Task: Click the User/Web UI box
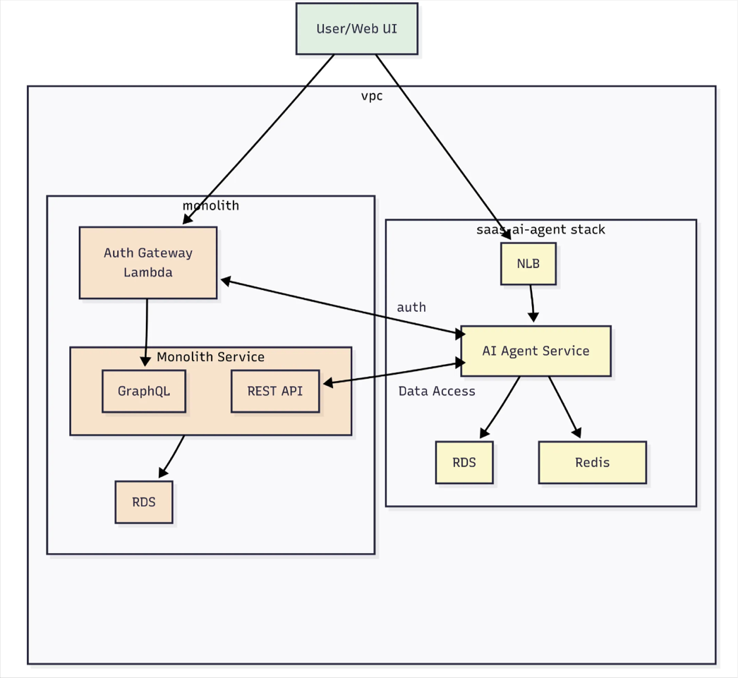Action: pos(356,29)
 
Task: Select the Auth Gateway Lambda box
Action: pos(148,262)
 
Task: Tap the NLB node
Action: pos(528,264)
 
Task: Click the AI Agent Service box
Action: pos(536,351)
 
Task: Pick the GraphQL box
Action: pos(144,391)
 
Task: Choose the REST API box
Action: pos(275,391)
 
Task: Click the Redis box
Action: pos(592,463)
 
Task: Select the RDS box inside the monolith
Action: pos(144,502)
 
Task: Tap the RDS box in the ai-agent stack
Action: pos(464,463)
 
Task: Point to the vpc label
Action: pos(372,96)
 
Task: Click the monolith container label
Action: pos(211,206)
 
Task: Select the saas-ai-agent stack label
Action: pos(540,229)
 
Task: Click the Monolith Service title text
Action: pos(210,357)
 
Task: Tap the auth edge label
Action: pos(411,308)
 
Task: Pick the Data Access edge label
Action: pos(437,391)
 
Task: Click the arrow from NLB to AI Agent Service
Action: pos(532,303)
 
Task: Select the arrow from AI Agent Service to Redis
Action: pos(564,406)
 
